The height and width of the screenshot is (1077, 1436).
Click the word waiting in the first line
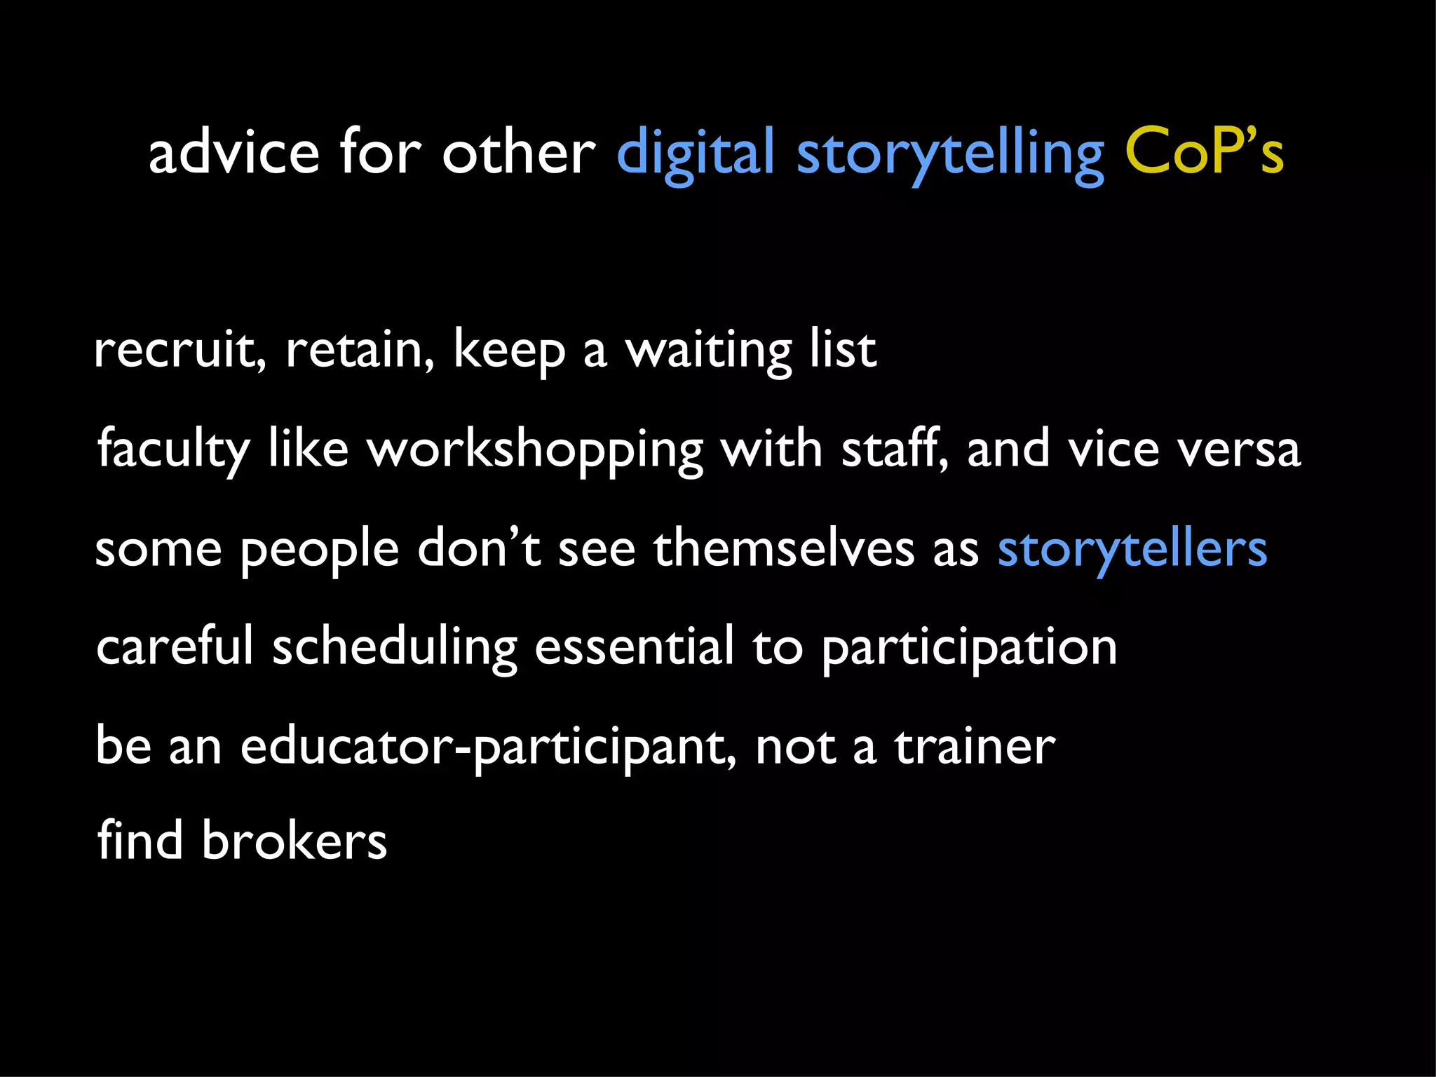(x=708, y=351)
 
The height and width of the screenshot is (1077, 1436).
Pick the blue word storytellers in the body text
(x=1132, y=550)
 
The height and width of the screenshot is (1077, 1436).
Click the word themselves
(x=783, y=548)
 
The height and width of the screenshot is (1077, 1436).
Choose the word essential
(x=634, y=646)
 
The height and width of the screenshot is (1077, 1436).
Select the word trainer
(x=975, y=746)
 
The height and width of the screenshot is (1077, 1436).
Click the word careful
(x=174, y=646)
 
